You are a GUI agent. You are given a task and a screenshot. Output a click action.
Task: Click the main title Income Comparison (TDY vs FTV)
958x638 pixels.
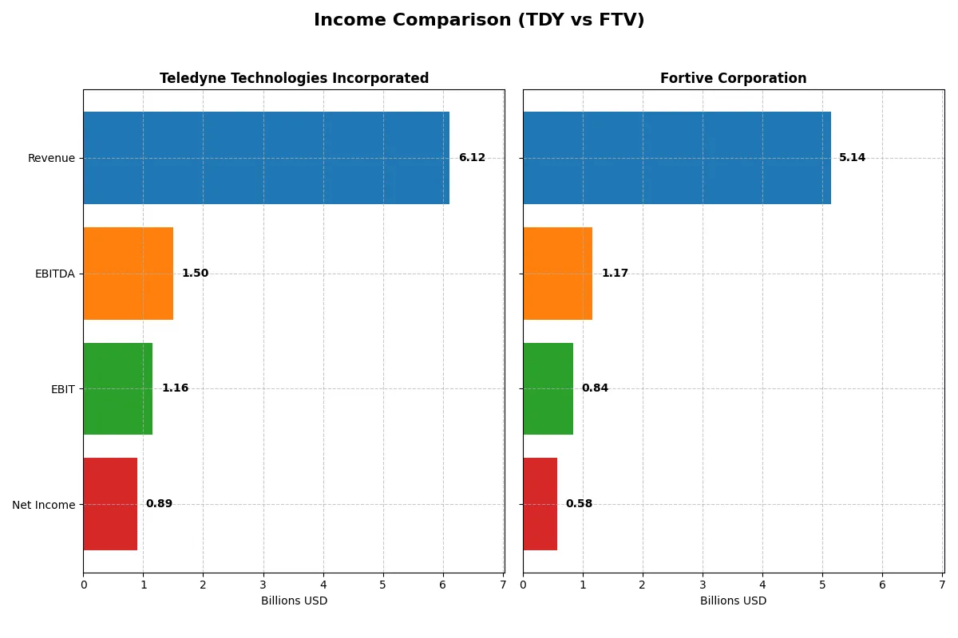(479, 20)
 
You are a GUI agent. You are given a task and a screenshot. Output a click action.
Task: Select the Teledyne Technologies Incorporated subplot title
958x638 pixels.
(294, 78)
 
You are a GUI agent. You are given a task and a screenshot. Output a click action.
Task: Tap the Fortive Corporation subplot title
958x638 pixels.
(733, 78)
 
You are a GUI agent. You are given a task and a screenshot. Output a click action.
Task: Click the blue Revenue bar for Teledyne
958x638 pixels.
(266, 158)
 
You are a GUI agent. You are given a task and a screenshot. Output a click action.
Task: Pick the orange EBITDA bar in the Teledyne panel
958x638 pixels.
(128, 274)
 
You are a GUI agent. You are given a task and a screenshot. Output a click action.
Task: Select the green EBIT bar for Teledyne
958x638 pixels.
(117, 388)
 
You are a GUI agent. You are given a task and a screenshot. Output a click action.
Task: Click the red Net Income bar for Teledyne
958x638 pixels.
(110, 504)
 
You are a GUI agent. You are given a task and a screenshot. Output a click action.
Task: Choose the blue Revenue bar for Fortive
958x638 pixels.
(676, 158)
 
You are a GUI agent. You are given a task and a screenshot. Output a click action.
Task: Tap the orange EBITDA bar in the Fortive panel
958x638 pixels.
(557, 274)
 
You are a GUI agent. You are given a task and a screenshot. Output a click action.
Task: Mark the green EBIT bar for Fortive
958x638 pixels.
(548, 388)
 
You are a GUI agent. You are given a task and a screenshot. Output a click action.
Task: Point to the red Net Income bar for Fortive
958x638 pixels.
(540, 504)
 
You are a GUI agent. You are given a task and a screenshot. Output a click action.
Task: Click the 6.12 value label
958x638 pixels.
(472, 158)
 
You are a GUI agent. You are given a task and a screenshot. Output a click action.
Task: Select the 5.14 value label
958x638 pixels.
(852, 158)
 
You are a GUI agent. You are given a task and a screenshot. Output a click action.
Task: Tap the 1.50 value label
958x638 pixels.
(195, 274)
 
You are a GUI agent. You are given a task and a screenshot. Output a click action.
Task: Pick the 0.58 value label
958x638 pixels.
(579, 504)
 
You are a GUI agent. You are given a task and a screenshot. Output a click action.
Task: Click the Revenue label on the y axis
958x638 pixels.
(51, 158)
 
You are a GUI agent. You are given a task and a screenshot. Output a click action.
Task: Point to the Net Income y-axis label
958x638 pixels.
(44, 504)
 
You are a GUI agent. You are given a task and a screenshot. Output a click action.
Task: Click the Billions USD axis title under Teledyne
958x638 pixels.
(294, 601)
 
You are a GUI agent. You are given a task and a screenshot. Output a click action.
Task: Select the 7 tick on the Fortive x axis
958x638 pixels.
(942, 585)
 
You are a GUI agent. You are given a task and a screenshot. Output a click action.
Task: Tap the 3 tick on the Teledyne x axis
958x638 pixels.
(263, 585)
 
